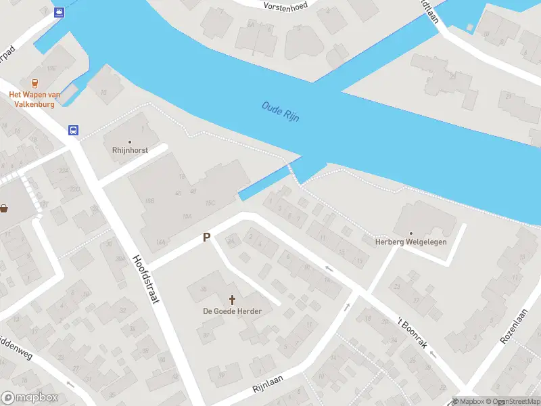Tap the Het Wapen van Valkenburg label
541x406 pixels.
(34, 99)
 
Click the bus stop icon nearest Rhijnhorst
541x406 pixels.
(73, 131)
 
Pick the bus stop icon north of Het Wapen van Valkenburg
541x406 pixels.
(60, 12)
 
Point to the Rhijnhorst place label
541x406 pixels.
(130, 150)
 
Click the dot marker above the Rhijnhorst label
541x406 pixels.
(130, 141)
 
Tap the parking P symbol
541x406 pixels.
(207, 238)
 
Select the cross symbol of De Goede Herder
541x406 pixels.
(233, 299)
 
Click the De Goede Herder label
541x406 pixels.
(233, 311)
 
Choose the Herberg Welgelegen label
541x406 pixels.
(411, 242)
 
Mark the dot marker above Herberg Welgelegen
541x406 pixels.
(410, 233)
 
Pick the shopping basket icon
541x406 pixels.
(5, 208)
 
